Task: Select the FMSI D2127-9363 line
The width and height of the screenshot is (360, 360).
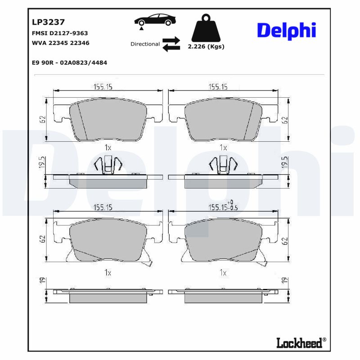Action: [x=59, y=33]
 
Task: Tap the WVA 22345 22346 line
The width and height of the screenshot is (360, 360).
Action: [x=60, y=43]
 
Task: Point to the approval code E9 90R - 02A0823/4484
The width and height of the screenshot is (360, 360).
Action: [x=69, y=63]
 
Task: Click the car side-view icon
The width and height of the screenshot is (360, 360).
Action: [x=154, y=22]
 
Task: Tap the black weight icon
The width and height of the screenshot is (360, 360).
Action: [x=206, y=28]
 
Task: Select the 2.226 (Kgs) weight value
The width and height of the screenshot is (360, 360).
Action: [x=206, y=46]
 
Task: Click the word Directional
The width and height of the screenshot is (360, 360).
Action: [x=145, y=44]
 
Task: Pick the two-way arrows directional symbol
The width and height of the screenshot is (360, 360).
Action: [x=171, y=44]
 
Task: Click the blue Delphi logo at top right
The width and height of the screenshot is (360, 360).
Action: [x=286, y=30]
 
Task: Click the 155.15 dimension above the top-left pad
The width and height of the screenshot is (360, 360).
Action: [x=103, y=87]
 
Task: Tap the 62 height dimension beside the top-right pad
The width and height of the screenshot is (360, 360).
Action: [x=284, y=120]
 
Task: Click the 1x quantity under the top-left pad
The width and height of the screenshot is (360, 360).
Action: [x=108, y=147]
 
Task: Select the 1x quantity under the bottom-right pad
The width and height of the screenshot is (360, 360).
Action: [x=223, y=273]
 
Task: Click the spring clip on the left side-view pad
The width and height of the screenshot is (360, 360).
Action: [x=108, y=165]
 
